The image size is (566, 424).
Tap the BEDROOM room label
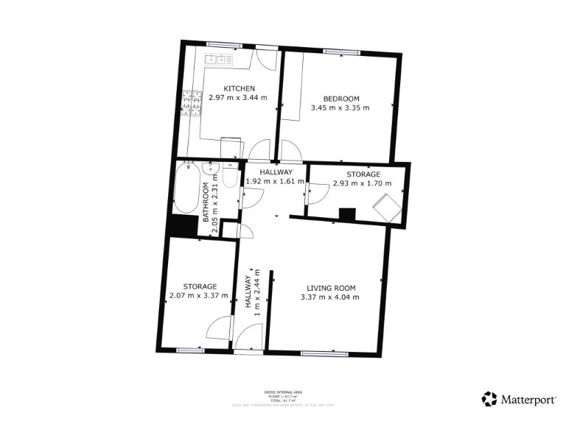point(340,99)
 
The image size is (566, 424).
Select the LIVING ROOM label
point(329,288)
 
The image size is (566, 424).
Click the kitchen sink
point(219,58)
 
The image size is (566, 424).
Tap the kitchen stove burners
point(193,103)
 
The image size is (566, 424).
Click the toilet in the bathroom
point(229,178)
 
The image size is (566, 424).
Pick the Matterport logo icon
point(489,399)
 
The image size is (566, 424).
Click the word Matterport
point(528,400)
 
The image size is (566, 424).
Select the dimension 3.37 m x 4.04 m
point(329,297)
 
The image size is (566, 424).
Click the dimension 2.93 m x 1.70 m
point(362,183)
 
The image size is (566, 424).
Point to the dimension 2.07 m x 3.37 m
point(200,296)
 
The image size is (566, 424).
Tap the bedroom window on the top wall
point(341,51)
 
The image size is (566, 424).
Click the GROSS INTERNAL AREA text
point(283,392)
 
